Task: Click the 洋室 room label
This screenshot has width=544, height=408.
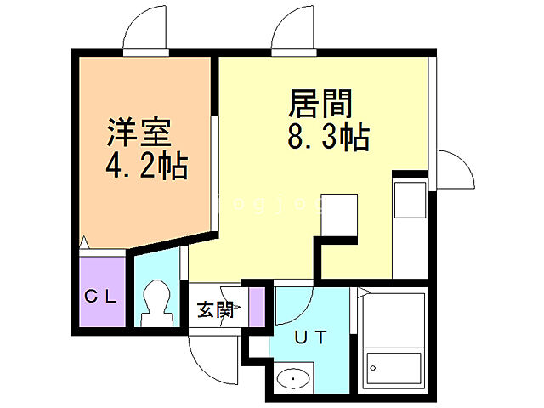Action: (x=139, y=133)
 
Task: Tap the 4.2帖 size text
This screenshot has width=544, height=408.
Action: (x=147, y=165)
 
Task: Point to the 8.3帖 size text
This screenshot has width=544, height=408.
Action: (x=328, y=137)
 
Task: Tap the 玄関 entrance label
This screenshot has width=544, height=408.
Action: (x=215, y=310)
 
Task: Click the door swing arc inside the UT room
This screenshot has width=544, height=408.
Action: (x=293, y=310)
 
